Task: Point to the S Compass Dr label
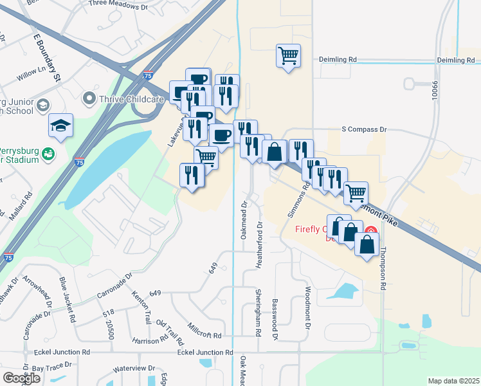coord(364,129)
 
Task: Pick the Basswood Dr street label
coord(275,319)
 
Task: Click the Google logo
coord(21,378)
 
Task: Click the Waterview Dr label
coord(134,369)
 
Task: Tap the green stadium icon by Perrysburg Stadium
coord(48,154)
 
